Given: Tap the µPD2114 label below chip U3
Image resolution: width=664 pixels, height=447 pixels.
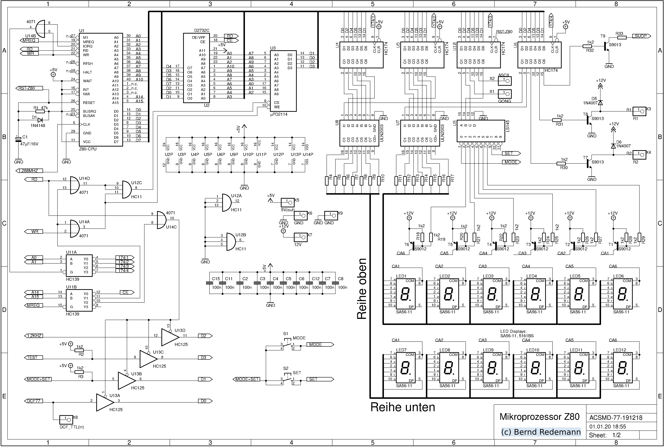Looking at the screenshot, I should [x=279, y=114].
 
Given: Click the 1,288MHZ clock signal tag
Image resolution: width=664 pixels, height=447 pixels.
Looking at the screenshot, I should [x=31, y=171].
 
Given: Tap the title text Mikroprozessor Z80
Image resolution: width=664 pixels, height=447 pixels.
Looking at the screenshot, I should [x=540, y=416].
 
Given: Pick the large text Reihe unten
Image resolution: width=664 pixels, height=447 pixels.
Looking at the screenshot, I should [x=403, y=407].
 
